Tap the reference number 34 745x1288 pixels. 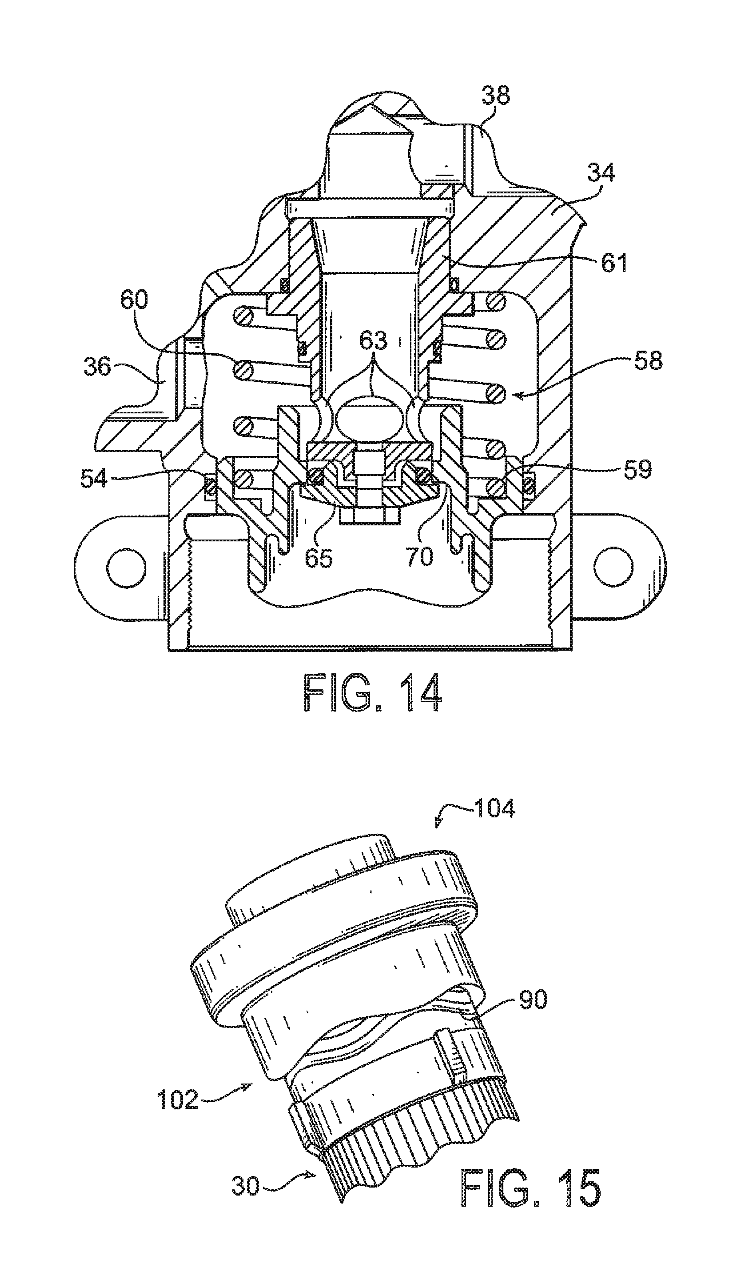[601, 173]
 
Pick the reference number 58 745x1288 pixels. [648, 361]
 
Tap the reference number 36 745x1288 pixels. [97, 367]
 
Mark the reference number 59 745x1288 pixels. [637, 469]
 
